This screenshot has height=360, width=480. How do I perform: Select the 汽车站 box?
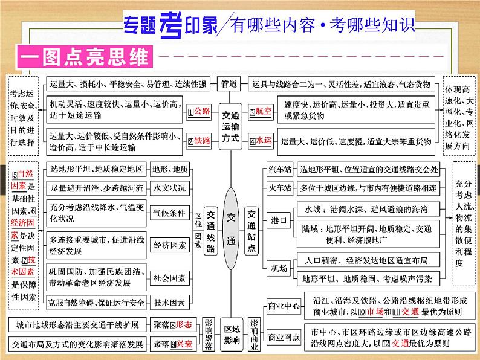(x=280, y=170)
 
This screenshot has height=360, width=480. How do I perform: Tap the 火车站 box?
(x=280, y=190)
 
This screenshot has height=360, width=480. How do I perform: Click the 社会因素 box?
(x=170, y=278)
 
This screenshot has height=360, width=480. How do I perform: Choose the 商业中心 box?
(x=284, y=307)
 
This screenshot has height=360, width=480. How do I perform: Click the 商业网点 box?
(x=284, y=338)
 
